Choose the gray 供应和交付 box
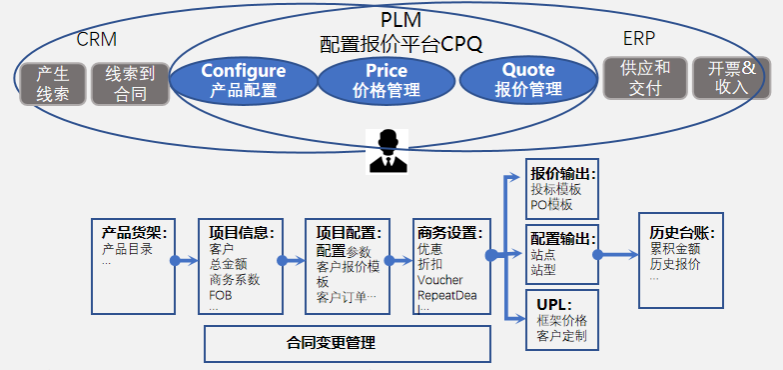(x=644, y=78)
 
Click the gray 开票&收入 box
(x=732, y=78)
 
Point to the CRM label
(x=97, y=40)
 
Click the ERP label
(x=639, y=39)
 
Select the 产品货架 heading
(x=134, y=232)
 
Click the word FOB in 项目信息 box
(x=221, y=295)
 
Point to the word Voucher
(x=439, y=280)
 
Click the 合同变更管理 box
(x=347, y=343)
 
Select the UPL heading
(x=546, y=303)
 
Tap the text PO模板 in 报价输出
(x=552, y=204)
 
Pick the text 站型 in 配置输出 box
(x=543, y=270)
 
